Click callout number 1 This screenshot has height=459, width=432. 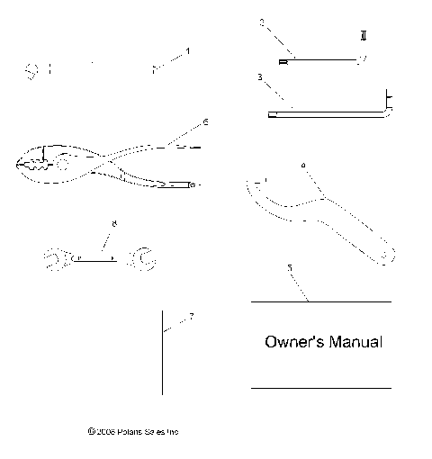coord(188,50)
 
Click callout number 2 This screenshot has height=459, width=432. coord(261,23)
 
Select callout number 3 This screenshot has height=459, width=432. coord(259,78)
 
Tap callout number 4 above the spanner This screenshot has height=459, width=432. coord(302,165)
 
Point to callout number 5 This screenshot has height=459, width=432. coord(289,268)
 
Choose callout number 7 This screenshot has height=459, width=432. coord(191,316)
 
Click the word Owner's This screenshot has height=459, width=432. coord(290,343)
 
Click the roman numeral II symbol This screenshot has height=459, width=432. coord(362,36)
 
